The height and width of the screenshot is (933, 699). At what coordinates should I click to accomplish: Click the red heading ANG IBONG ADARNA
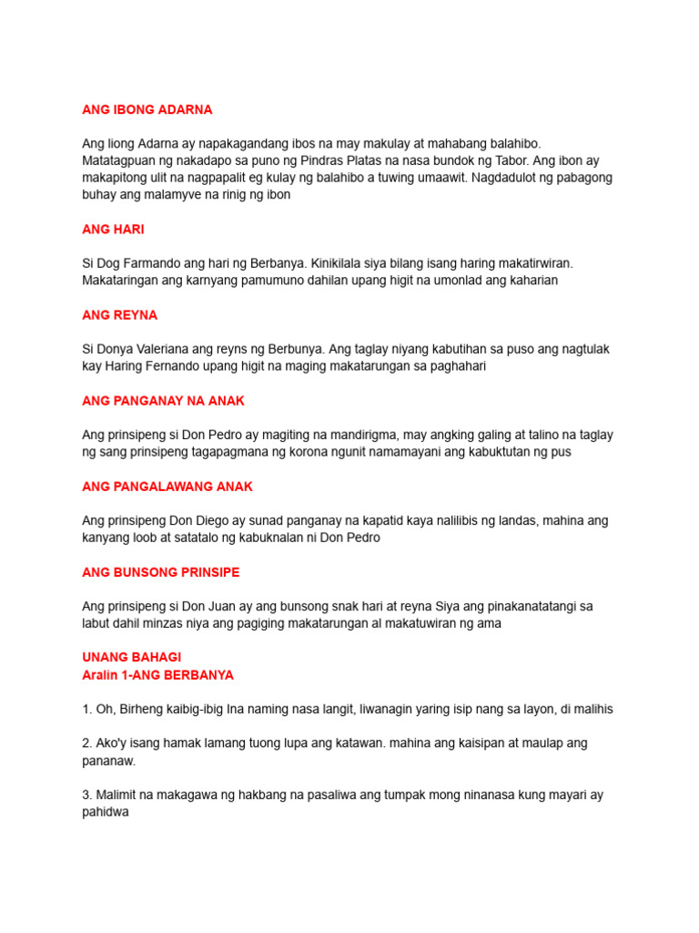pyautogui.click(x=147, y=109)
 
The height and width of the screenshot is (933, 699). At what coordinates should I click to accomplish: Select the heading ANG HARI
pyautogui.click(x=113, y=230)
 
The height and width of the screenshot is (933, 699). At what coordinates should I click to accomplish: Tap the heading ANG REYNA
pyautogui.click(x=119, y=315)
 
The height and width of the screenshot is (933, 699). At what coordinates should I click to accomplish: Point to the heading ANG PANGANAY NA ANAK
pyautogui.click(x=163, y=401)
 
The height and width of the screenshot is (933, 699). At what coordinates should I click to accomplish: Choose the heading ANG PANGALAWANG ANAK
pyautogui.click(x=167, y=487)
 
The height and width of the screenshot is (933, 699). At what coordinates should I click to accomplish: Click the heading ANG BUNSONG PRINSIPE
pyautogui.click(x=161, y=572)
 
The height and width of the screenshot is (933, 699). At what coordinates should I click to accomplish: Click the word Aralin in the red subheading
pyautogui.click(x=102, y=675)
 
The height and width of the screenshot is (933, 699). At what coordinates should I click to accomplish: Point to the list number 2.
pyautogui.click(x=86, y=743)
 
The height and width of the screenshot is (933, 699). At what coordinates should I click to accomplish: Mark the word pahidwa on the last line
pyautogui.click(x=106, y=812)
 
